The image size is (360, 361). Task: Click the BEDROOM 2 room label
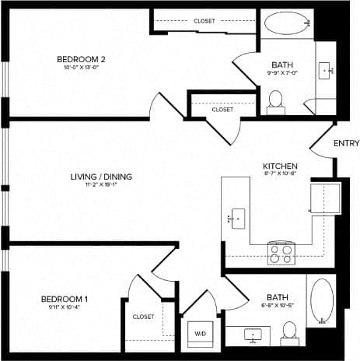[x=76, y=59]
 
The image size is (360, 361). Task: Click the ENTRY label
[x=346, y=143]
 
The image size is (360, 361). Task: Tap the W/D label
[x=199, y=334]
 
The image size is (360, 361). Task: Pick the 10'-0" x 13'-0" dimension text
[x=76, y=68]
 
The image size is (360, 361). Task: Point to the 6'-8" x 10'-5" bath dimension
[x=277, y=306]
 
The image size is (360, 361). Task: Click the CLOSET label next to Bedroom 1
[x=143, y=317]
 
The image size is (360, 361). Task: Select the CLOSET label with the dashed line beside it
[x=204, y=21]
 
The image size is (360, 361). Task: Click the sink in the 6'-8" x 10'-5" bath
[x=253, y=335]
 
